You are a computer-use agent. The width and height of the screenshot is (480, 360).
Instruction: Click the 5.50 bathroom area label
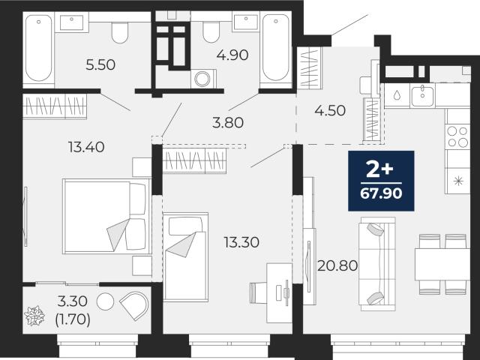point(100,65)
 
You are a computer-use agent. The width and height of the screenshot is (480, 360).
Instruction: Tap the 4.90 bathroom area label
point(232,55)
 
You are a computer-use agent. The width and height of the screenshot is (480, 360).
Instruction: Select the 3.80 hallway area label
point(228,123)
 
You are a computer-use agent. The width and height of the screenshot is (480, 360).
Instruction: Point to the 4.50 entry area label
point(330,110)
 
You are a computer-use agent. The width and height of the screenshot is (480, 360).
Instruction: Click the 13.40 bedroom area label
point(86,147)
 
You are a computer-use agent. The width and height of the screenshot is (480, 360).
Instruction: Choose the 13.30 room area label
point(241,242)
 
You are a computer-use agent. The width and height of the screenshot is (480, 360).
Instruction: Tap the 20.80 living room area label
point(337,265)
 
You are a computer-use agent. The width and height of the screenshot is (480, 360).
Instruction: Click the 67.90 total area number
point(381,193)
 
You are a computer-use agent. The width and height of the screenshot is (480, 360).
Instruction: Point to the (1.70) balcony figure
point(73,319)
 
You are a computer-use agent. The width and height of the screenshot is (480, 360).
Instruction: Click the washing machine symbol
point(203,79)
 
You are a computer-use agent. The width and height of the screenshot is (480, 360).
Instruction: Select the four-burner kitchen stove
point(457,136)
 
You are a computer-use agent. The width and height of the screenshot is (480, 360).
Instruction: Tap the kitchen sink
point(422,95)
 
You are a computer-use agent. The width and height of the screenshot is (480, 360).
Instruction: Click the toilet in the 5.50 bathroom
point(119,32)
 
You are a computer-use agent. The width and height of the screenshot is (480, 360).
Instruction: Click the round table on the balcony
point(105,301)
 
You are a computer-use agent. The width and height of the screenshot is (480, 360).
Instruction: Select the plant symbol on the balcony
point(34,316)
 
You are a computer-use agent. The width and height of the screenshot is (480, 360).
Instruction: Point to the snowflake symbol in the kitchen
point(458,181)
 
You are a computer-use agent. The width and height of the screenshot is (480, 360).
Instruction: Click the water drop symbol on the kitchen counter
point(397,95)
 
